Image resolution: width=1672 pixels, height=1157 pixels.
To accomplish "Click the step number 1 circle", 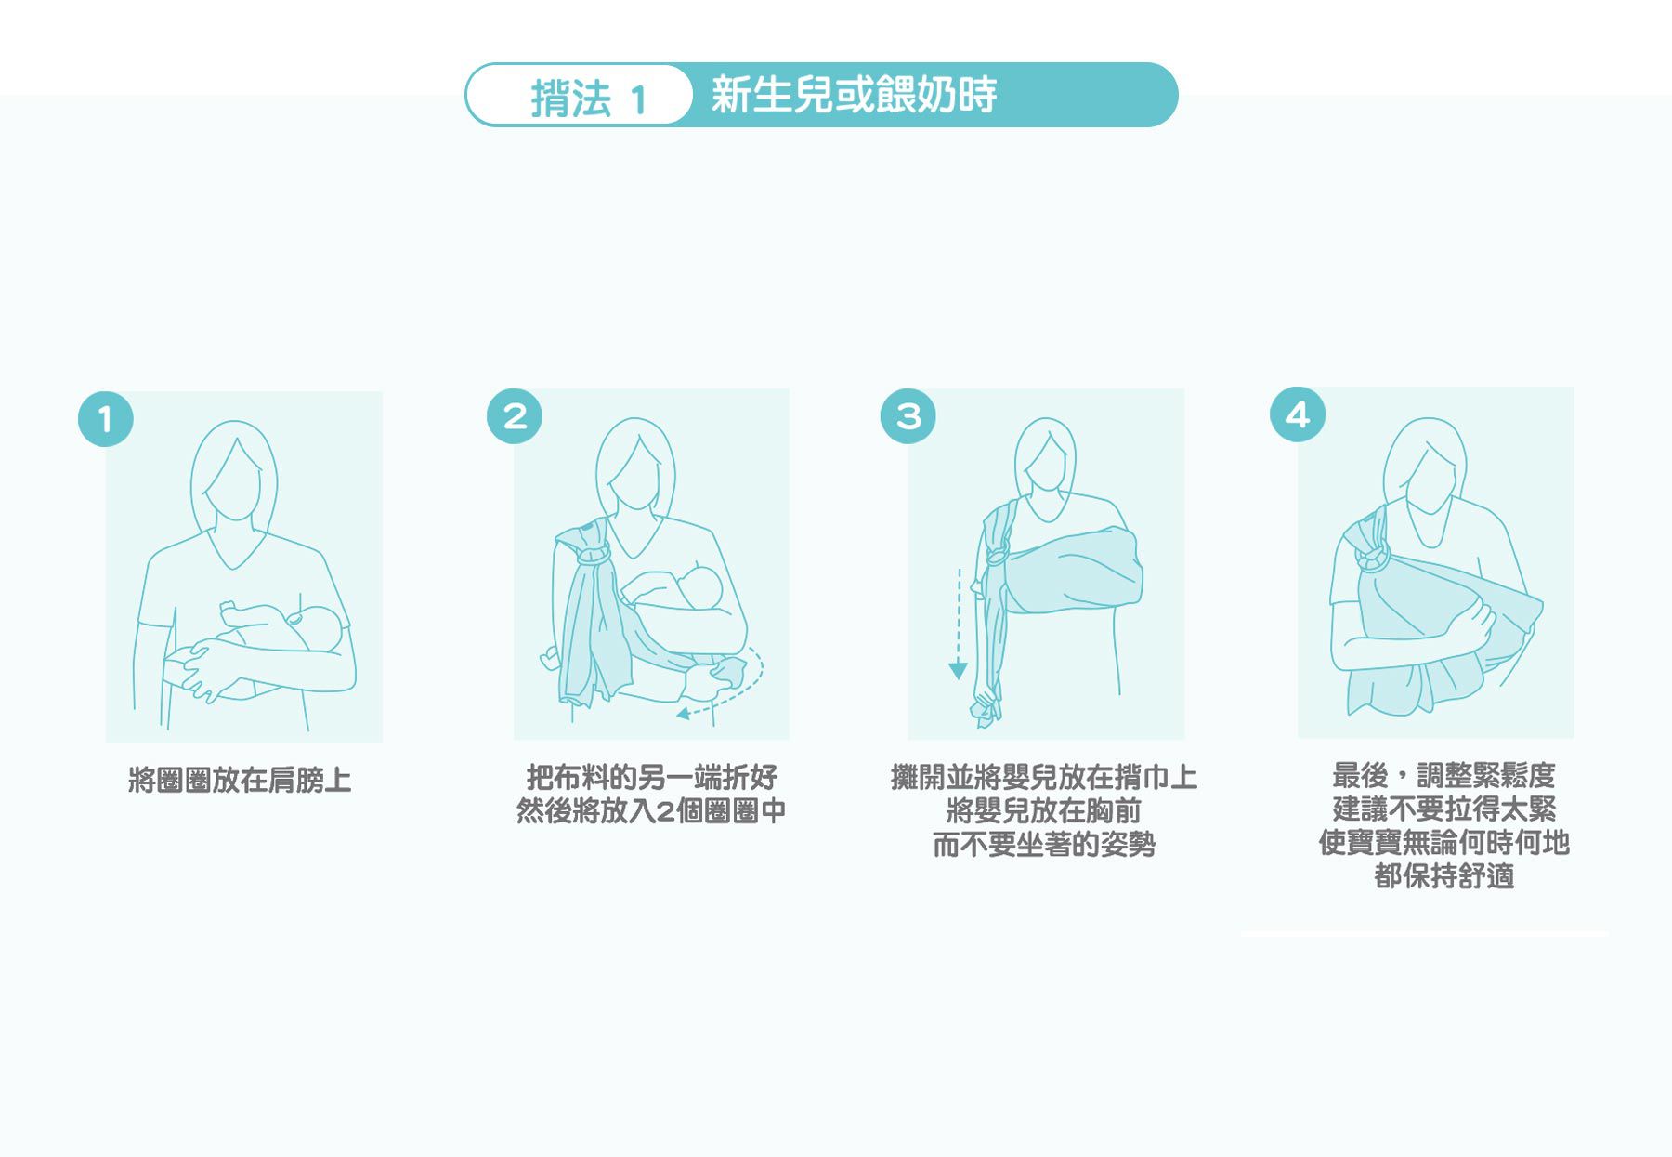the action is pos(106,419).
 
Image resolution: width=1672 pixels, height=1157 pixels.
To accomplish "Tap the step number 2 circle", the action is pos(515,415).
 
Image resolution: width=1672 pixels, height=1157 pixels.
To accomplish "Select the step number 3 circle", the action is pos(908,415).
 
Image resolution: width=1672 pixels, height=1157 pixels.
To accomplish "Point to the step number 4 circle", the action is pos(1298,414).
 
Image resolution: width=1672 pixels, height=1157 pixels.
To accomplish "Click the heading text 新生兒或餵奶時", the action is pos(854,95).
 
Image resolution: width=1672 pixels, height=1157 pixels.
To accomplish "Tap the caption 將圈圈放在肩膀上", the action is pos(240,780).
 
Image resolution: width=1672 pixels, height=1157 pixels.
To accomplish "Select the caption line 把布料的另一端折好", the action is pos(651,777).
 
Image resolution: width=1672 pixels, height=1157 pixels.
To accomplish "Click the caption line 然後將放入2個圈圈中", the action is pos(651,811).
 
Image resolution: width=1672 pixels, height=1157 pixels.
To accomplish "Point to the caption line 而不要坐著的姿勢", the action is pos(1044,845).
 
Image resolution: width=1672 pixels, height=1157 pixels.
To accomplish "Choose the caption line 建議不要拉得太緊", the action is pos(1443,809).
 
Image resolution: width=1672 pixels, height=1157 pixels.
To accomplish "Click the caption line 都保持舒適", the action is pos(1443,875).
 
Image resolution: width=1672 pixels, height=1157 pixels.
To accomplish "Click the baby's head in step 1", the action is pos(318,628).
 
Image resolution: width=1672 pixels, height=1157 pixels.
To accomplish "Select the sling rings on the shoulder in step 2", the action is pos(593,555).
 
